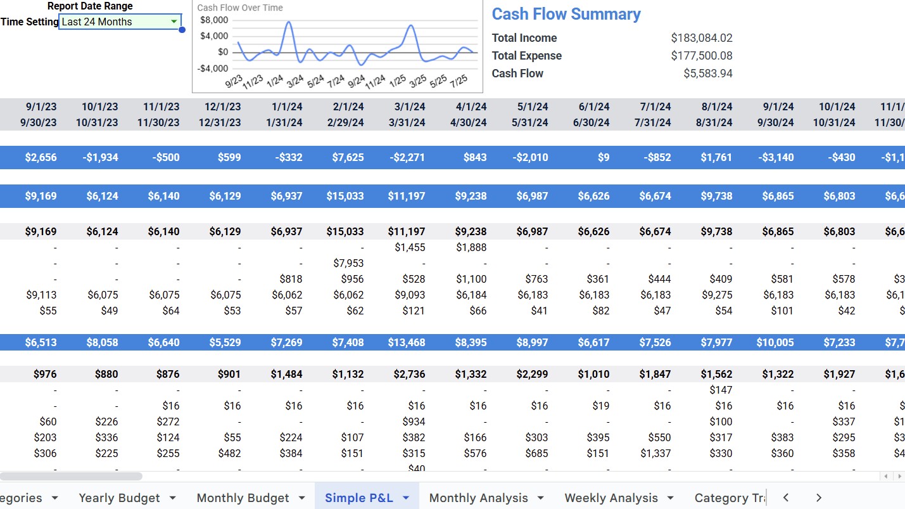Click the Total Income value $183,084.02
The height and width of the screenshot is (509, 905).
(701, 38)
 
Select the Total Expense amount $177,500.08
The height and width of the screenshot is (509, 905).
(701, 56)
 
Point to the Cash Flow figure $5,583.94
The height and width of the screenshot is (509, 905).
(707, 74)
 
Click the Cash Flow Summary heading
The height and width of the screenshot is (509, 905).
(566, 14)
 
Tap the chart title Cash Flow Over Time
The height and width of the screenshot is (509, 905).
(240, 8)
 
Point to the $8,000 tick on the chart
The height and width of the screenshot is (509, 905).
(214, 20)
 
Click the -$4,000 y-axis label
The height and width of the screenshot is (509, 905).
(213, 68)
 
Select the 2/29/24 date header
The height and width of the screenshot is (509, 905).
(346, 122)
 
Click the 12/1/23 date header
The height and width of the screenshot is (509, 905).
(223, 106)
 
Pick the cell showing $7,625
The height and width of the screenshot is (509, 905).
(348, 157)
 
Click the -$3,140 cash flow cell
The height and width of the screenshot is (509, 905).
(777, 157)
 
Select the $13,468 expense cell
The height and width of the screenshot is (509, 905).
(407, 342)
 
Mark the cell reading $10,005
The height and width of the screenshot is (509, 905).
(775, 342)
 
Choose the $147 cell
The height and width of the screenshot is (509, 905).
(721, 390)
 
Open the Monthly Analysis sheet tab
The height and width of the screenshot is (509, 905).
(478, 498)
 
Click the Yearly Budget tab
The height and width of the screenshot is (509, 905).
(119, 498)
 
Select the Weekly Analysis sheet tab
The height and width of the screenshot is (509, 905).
(611, 498)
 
